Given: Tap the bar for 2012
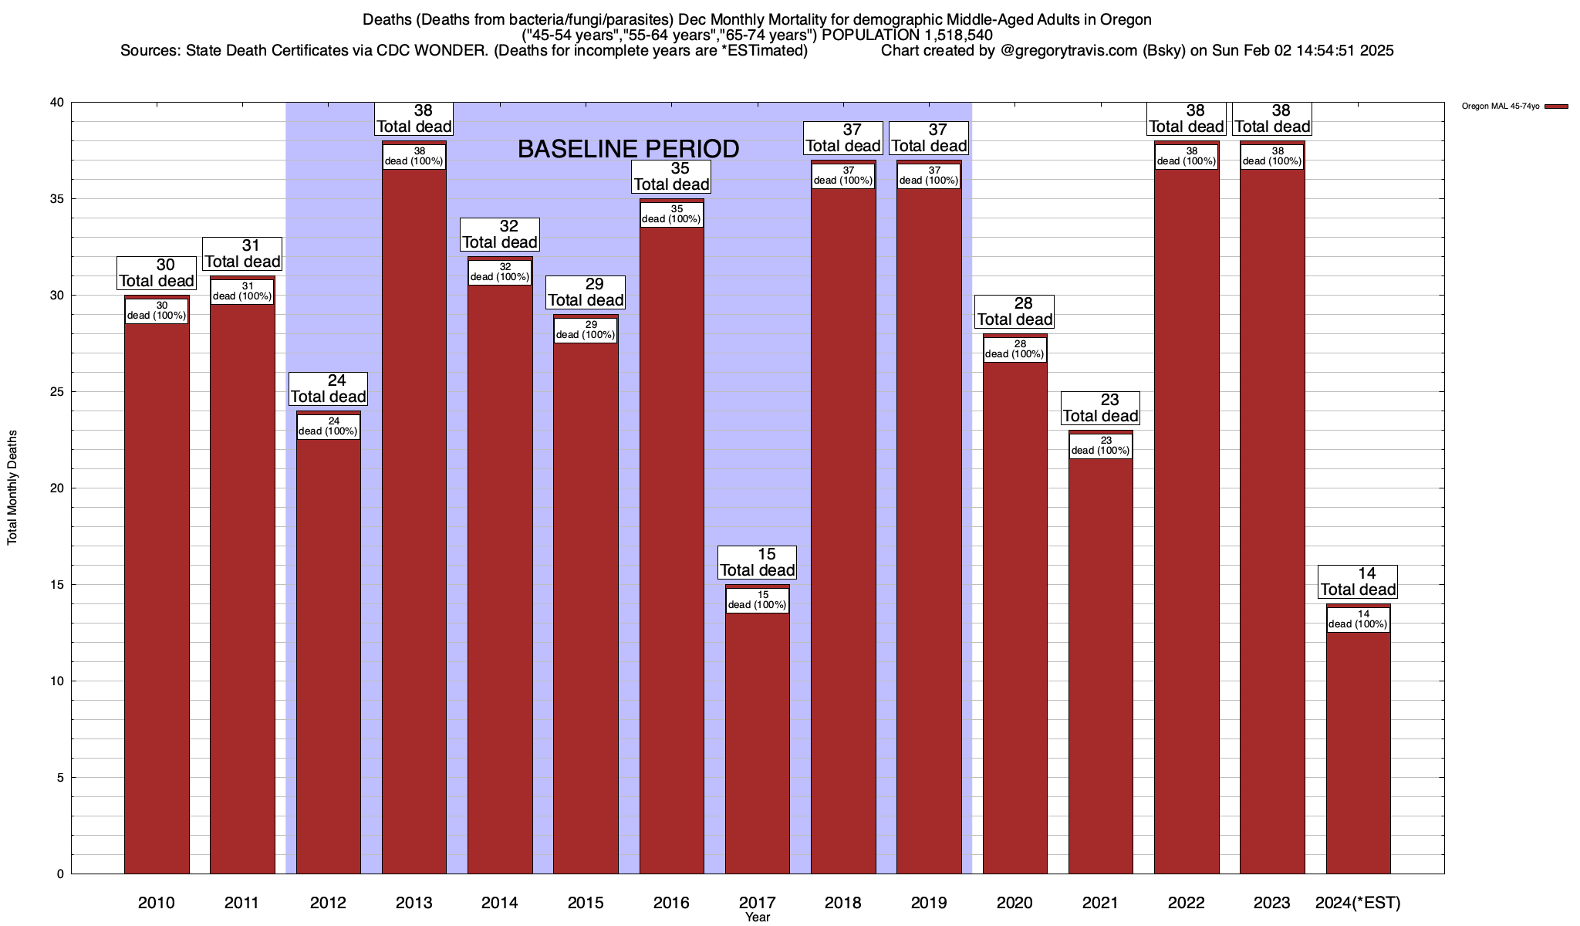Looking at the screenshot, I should point(329,656).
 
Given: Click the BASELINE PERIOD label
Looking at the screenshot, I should point(628,149).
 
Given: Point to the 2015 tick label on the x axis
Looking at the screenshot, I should point(586,903).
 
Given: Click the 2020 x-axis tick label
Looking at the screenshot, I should point(1015,903).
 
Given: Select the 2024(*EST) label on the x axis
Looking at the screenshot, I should point(1358,903).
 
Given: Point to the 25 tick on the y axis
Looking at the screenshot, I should point(59,392).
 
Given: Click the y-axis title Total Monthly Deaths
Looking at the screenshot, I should point(12,488).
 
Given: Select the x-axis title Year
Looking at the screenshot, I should point(758,918).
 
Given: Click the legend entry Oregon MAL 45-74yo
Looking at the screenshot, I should point(1501,106).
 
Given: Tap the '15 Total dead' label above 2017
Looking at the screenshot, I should point(758,563).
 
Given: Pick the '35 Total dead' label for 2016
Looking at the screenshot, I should point(671,177).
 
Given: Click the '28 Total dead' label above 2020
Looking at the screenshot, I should point(1015,312).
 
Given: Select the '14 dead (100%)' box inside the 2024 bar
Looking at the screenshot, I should point(1358,620).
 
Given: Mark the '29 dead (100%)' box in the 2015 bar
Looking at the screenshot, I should point(586,330).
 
